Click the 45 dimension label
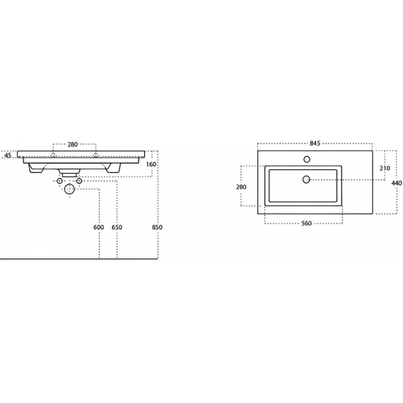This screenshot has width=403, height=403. coord(8,155)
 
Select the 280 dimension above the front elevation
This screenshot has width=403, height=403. coord(73,144)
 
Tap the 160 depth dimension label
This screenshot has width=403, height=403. coord(151,164)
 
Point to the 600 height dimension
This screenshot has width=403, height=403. coord(99,227)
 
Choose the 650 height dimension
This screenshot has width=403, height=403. coord(117,227)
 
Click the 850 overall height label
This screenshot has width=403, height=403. coord(158,227)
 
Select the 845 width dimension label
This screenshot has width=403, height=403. coord(315,143)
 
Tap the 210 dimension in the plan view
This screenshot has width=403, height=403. coord(385,169)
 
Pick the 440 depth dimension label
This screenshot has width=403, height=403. coord(396,183)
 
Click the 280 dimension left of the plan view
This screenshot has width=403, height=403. coord(241,187)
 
